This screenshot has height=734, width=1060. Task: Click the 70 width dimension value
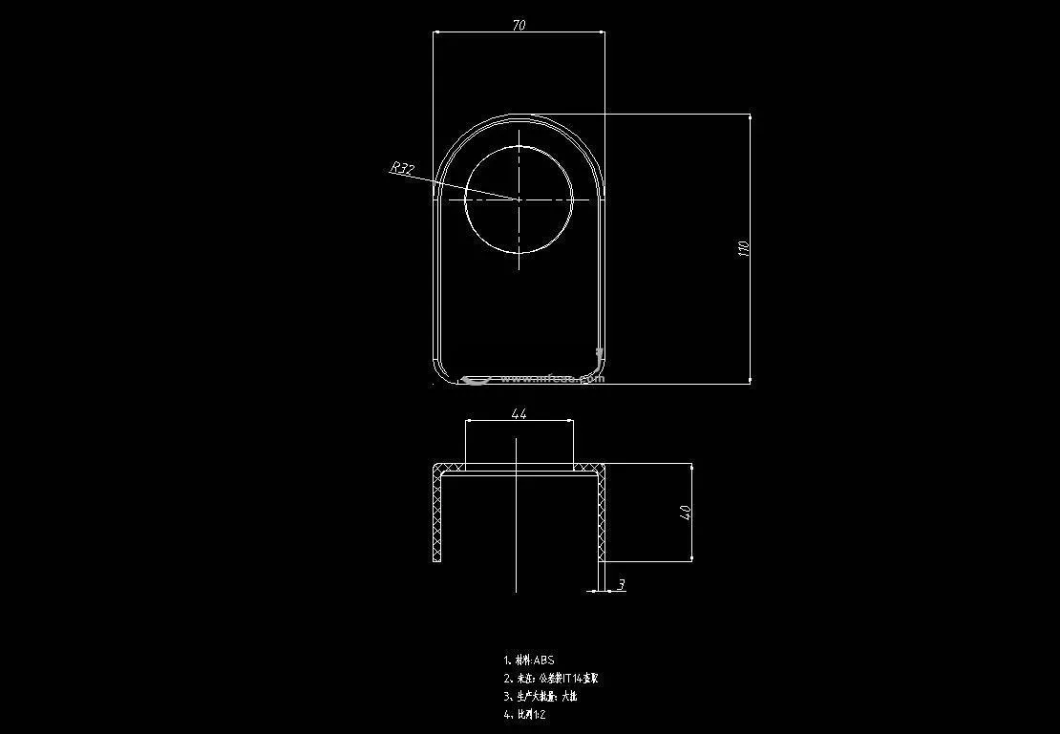[519, 26]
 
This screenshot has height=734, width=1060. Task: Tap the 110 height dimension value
[744, 248]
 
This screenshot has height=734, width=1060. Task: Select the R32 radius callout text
[402, 169]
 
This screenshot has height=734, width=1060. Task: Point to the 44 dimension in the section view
[519, 414]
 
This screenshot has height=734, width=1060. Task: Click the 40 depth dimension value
[685, 513]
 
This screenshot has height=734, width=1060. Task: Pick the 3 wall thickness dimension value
[622, 584]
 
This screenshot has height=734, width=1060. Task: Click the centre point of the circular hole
[519, 199]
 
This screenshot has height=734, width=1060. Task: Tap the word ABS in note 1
[543, 660]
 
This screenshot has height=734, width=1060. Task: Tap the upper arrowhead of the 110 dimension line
[750, 117]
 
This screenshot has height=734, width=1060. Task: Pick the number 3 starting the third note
[506, 696]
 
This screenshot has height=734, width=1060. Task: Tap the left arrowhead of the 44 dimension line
[469, 420]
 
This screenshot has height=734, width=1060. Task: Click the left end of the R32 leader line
[391, 174]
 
